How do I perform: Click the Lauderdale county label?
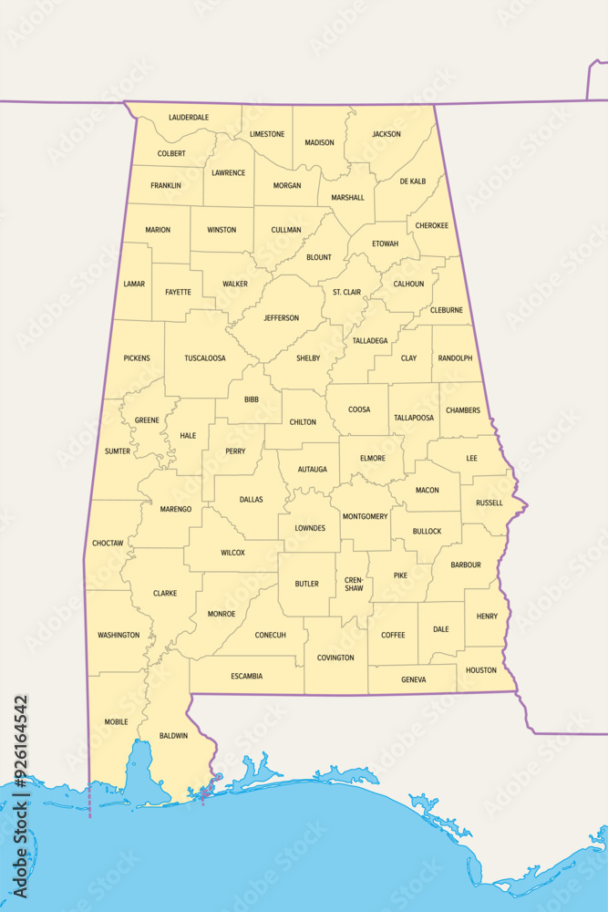pos(189,118)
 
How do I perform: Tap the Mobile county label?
pos(116,721)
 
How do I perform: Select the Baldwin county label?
pos(173,735)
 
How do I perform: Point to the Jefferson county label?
pos(281,318)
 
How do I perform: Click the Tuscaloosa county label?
pos(205,358)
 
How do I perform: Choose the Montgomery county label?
pos(365,517)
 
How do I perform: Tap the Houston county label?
pos(481,670)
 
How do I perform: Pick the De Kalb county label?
pos(412,181)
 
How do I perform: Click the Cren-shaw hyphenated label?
pos(354,584)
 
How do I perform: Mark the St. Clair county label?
pos(346,293)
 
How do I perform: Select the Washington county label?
pos(119,635)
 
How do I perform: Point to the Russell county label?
pos(489,503)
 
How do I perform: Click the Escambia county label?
pos(246,676)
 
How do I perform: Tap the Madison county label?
pos(319,142)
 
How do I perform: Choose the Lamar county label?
pos(134,284)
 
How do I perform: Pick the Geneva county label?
pos(413,679)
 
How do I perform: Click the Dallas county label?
pos(251,500)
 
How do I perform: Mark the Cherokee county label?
pos(431,225)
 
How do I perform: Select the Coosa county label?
pos(359,409)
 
